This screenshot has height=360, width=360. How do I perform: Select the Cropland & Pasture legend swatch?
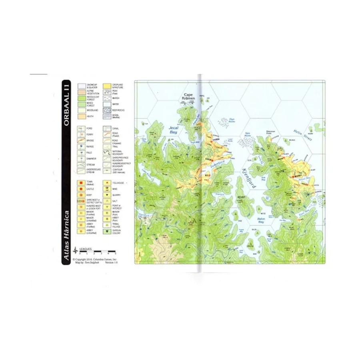(107, 86)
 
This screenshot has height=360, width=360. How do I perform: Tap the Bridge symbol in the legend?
(81, 140)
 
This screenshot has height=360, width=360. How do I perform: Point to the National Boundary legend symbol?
(107, 152)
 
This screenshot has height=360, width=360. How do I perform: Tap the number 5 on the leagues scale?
(116, 254)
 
